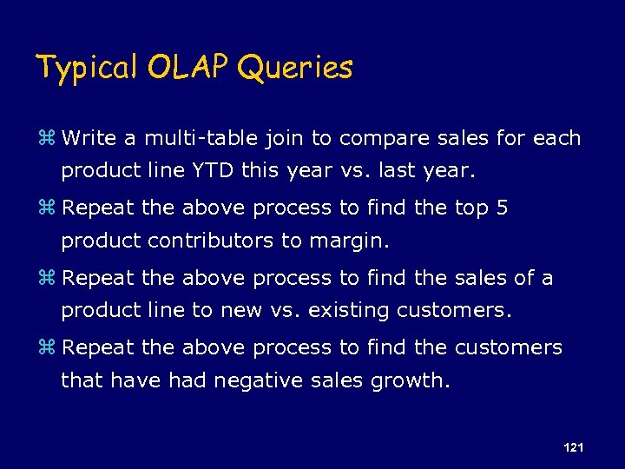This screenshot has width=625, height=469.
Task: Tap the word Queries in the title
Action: tap(294, 67)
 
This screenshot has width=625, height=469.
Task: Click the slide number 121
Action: tap(573, 447)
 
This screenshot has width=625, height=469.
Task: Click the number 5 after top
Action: tap(502, 208)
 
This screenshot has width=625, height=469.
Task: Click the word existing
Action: tap(352, 310)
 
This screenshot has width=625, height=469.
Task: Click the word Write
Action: tap(94, 139)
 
